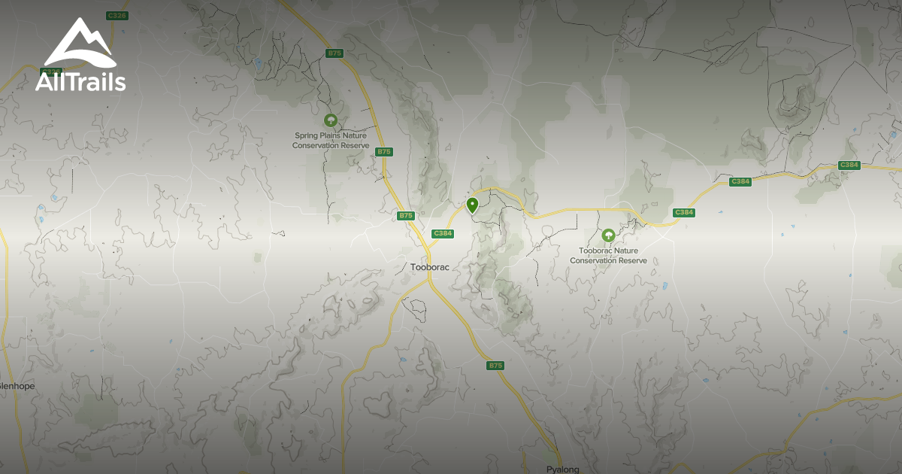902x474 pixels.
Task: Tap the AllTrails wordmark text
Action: coord(80,81)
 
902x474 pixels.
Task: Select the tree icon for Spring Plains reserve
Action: coord(330,120)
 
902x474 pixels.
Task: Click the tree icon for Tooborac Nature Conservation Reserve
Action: coord(608,235)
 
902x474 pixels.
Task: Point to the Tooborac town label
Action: coord(430,267)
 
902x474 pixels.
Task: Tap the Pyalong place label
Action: coord(562,469)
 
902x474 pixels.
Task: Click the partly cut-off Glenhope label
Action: coord(17,386)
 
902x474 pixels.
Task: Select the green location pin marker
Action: coord(472,205)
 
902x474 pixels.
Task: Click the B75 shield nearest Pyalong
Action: coord(495,366)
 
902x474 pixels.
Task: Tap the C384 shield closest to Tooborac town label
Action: coord(443,233)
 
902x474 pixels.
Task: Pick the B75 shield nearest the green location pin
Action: coord(406,216)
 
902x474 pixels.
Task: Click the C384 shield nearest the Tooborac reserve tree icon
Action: coord(683,212)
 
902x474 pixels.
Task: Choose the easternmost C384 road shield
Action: coord(849,165)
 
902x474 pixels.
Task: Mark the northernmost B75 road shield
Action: coord(334,53)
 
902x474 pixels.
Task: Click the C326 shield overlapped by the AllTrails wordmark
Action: coord(51,72)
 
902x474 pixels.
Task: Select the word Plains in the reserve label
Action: coord(334,136)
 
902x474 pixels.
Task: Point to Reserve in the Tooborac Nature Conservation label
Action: coord(631,260)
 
